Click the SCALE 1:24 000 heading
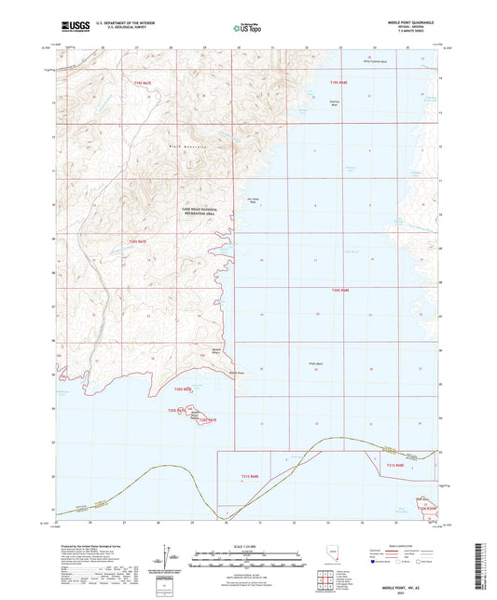[x=247, y=545]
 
